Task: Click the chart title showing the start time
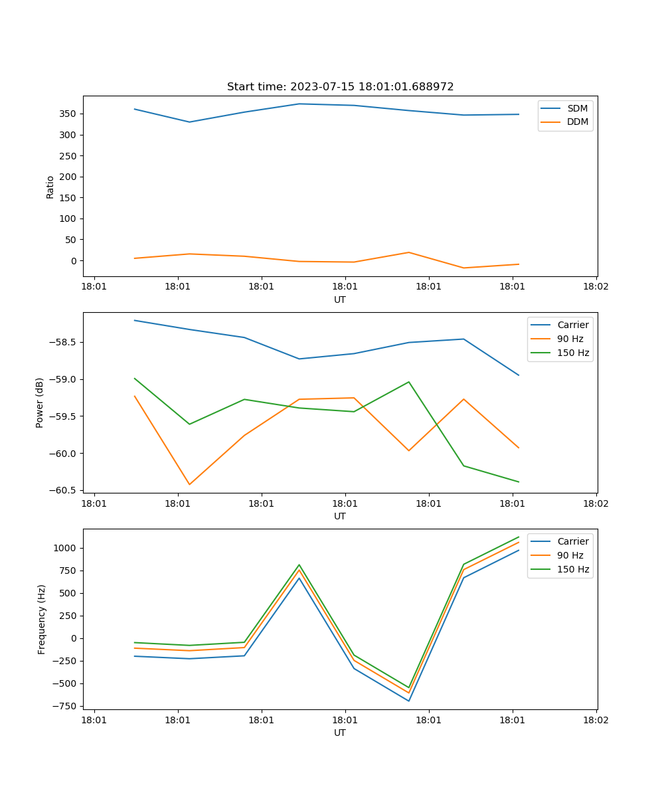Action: click(x=340, y=87)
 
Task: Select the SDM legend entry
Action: click(x=577, y=108)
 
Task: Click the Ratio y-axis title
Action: click(x=50, y=187)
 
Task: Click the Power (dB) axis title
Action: click(x=40, y=402)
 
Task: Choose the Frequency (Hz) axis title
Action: click(x=42, y=619)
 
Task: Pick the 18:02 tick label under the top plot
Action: click(x=596, y=287)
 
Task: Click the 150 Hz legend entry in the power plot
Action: click(x=573, y=353)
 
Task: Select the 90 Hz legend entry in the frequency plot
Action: click(x=570, y=555)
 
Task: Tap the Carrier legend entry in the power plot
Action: click(x=573, y=325)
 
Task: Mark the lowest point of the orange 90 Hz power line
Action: click(x=189, y=484)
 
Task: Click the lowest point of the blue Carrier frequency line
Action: click(x=409, y=701)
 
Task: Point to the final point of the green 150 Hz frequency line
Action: click(x=519, y=537)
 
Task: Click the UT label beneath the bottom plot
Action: click(x=340, y=733)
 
